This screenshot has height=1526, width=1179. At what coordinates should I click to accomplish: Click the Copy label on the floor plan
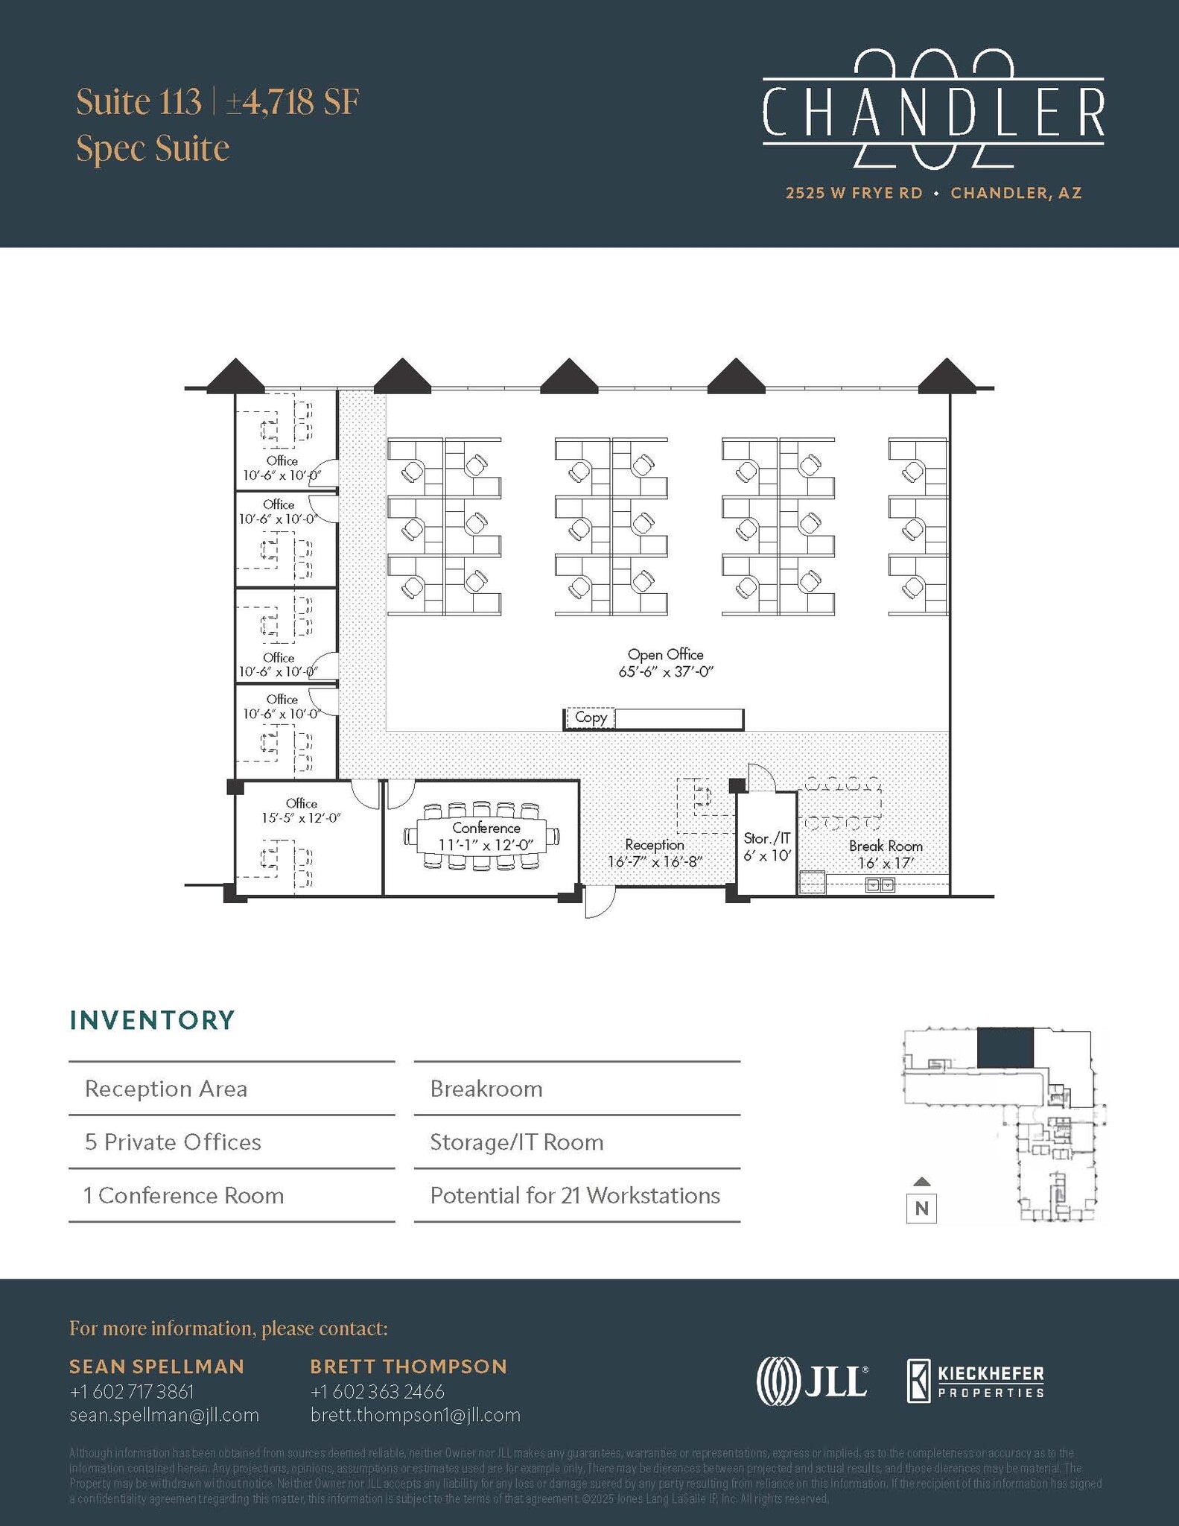click(x=591, y=718)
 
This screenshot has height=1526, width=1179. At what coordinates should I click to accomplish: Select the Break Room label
click(x=886, y=846)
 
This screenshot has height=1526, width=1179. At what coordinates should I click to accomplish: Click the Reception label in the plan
click(x=655, y=845)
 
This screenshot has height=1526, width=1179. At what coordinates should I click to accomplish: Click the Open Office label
click(x=665, y=655)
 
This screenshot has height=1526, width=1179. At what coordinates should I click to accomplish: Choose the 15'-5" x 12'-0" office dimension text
click(x=301, y=818)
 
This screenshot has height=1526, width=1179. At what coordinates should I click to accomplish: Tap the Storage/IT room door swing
click(x=762, y=778)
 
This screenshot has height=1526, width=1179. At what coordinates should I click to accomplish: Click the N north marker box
click(x=921, y=1208)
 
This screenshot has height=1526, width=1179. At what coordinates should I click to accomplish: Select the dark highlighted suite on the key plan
click(x=1005, y=1047)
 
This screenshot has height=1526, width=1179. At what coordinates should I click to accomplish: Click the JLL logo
click(x=812, y=1381)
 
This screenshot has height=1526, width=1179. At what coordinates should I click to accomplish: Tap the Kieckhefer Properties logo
click(x=975, y=1381)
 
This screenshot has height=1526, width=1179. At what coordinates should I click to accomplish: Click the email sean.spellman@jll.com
click(x=165, y=1415)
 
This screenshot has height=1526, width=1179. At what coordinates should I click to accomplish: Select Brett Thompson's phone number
click(x=377, y=1391)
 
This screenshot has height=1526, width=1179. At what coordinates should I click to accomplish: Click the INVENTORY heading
click(x=153, y=1020)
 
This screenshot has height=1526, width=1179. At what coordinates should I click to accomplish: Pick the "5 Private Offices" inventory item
click(x=173, y=1142)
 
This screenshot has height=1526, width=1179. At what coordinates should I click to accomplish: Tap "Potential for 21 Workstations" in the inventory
click(x=575, y=1196)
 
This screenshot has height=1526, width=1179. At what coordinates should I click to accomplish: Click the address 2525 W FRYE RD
click(x=854, y=193)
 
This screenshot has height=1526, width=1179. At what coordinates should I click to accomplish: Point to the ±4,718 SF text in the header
click(x=293, y=102)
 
